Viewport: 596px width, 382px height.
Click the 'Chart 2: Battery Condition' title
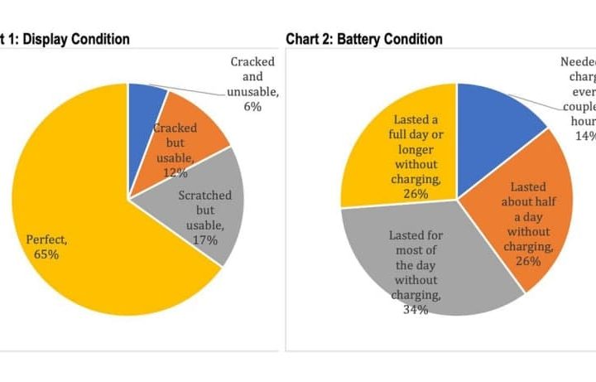(x=364, y=39)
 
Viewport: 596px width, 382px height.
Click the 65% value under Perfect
(x=47, y=254)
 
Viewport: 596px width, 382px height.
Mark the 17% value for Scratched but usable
(x=205, y=240)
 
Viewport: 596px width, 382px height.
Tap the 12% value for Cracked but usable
(x=175, y=172)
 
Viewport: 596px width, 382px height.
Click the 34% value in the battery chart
(x=416, y=310)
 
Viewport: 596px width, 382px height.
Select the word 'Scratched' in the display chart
(x=205, y=196)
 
